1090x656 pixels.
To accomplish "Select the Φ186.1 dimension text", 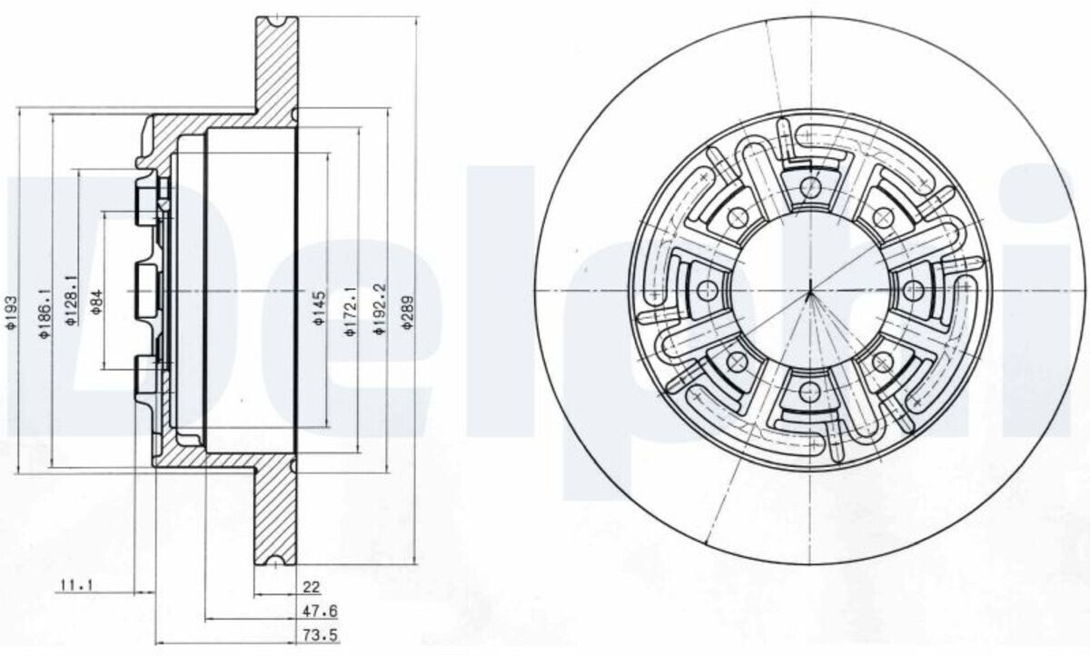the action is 45,313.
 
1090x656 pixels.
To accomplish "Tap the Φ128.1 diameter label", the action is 71,300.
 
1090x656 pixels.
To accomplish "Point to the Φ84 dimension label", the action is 97,302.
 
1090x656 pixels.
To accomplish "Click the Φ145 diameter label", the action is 319,309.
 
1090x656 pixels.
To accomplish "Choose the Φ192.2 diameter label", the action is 379,309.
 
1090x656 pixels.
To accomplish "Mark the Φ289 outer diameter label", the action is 408,312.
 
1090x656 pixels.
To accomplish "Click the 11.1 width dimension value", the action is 76,584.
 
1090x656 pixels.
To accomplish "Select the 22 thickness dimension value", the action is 312,587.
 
